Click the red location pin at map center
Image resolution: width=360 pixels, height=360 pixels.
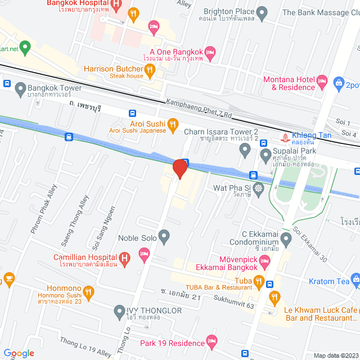pyautogui.click(x=180, y=168)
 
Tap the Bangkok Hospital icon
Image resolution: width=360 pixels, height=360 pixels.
pyautogui.click(x=116, y=6)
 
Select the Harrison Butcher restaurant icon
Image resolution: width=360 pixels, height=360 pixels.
pyautogui.click(x=150, y=70)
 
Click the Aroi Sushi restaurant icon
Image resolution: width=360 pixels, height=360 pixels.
pyautogui.click(x=173, y=124)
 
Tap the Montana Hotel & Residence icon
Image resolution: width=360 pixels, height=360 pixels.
pyautogui.click(x=322, y=81)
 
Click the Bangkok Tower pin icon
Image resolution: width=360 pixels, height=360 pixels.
pyautogui.click(x=21, y=88)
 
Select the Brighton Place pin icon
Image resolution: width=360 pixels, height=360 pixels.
pyautogui.click(x=262, y=12)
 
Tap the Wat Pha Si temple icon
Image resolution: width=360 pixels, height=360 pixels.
pyautogui.click(x=258, y=188)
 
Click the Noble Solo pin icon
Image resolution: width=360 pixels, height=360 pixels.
pyautogui.click(x=164, y=237)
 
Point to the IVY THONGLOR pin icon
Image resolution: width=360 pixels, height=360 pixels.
pyautogui.click(x=119, y=310)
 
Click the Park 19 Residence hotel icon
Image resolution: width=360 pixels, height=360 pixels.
pyautogui.click(x=211, y=341)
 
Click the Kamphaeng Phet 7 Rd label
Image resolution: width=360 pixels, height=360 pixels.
pyautogui.click(x=199, y=109)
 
